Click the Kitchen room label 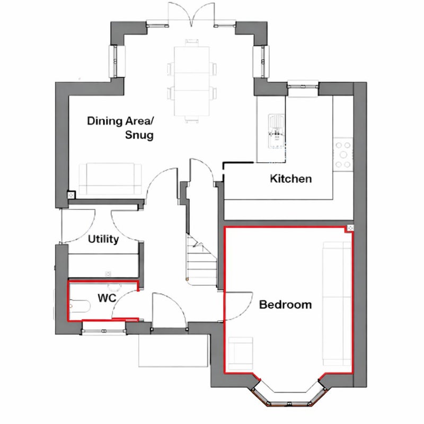click(290, 179)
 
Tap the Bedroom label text click(285, 304)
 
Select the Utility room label click(103, 240)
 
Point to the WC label click(107, 298)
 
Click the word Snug click(139, 135)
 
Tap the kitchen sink click(276, 131)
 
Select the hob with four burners click(343, 154)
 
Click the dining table click(192, 81)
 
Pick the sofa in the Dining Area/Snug click(110, 179)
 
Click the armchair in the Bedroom click(241, 354)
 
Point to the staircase click(201, 260)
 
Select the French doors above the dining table click(191, 14)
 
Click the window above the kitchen click(303, 86)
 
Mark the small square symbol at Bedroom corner click(350, 228)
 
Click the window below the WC click(104, 331)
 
